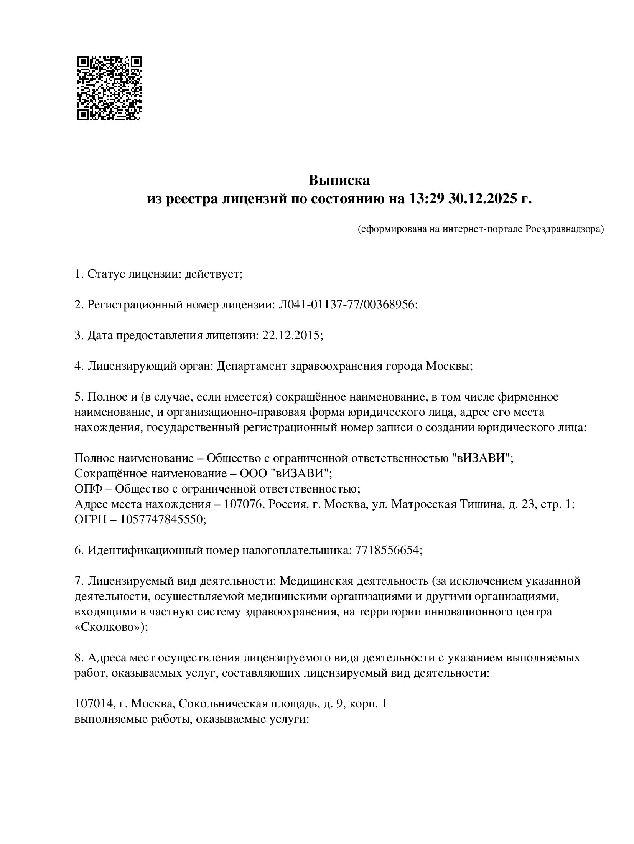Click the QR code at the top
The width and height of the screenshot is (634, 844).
(x=109, y=88)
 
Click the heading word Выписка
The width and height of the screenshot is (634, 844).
(x=339, y=180)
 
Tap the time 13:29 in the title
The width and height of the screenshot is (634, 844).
(x=424, y=199)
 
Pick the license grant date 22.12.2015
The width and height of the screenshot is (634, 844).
(x=291, y=335)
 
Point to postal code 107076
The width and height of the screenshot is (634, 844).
(x=242, y=504)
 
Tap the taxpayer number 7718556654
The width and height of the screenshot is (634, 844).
(x=387, y=550)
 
